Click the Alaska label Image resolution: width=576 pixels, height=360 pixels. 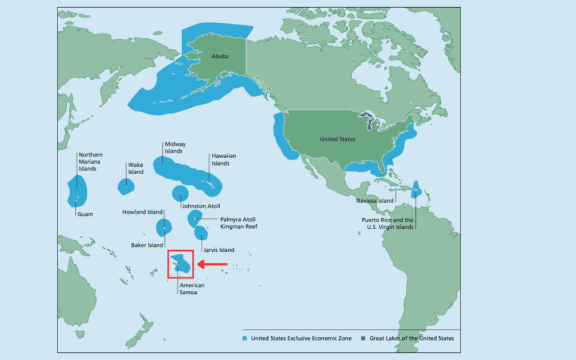pos(220,58)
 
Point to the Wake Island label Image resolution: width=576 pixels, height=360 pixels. pos(135,169)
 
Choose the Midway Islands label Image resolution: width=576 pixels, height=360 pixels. pos(175,148)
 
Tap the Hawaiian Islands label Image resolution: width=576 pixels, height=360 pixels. pos(223,159)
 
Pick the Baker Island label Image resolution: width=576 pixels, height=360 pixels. pos(148,245)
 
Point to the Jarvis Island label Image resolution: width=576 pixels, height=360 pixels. pos(218,249)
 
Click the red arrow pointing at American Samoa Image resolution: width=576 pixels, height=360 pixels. pos(213,264)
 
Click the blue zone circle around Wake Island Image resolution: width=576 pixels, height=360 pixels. pos(127,186)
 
